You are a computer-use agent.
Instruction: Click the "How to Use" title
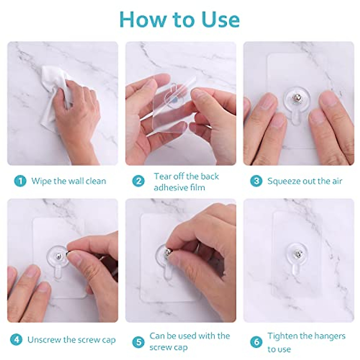[179, 19]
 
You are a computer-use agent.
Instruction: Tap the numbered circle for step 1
[20, 181]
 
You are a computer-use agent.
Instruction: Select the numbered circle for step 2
[138, 181]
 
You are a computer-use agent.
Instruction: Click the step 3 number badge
[256, 181]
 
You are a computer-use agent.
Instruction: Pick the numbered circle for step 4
[16, 339]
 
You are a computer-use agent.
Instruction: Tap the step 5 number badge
[138, 342]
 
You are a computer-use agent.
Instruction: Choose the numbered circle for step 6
[256, 342]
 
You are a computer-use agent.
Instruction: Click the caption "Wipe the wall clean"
[69, 181]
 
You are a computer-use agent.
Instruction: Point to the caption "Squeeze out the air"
[305, 181]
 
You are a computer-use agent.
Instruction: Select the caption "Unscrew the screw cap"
[72, 340]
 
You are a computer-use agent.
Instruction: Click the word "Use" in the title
[220, 20]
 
